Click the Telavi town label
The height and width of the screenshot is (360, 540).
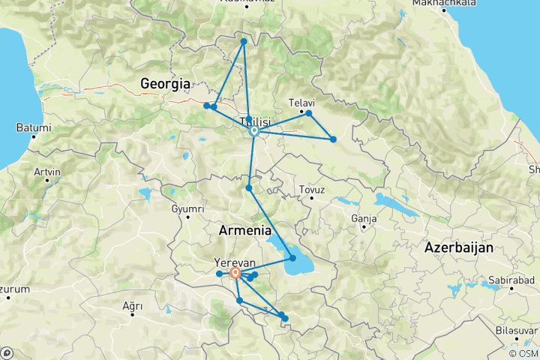[301, 103]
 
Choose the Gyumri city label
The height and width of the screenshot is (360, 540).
[187, 208]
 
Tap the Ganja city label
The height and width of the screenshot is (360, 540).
[362, 219]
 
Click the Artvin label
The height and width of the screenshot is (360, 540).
[46, 172]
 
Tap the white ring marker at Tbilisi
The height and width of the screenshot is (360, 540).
[254, 131]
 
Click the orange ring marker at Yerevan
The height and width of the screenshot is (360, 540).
[235, 273]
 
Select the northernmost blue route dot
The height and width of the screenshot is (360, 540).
[244, 41]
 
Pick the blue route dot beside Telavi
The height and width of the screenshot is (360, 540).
[308, 113]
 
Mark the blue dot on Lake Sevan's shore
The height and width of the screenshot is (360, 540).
[292, 258]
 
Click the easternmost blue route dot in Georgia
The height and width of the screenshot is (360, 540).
[333, 139]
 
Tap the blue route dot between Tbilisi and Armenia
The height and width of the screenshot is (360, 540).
[248, 187]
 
